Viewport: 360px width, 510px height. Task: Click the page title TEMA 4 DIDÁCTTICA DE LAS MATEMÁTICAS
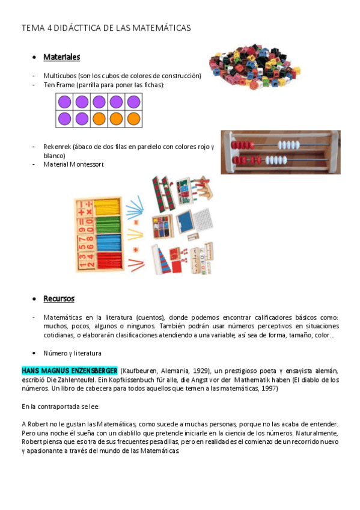106,28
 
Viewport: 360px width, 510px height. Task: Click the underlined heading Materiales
61,57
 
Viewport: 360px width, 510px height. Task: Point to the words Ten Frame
58,85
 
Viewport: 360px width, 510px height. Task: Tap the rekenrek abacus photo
280,152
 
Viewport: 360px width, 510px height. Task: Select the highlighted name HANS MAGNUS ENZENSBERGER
70,370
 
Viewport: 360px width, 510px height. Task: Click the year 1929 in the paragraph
201,370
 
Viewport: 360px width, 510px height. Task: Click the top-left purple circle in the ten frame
64,102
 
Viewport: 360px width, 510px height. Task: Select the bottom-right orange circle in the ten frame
134,118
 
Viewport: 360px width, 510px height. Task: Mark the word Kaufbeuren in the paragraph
142,370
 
